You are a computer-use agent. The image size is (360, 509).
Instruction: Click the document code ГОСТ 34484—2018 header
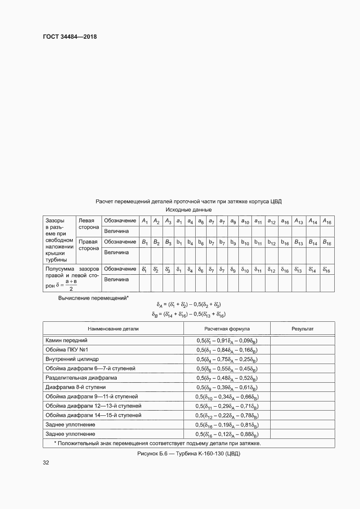(69, 37)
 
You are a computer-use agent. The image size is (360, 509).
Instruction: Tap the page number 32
(46, 462)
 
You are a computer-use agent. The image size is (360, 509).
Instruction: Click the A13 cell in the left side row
(299, 221)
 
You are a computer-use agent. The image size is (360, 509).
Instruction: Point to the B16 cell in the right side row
(327, 242)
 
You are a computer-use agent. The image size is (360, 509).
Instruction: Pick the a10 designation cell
(245, 221)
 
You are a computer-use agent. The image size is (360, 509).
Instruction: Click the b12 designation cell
(272, 242)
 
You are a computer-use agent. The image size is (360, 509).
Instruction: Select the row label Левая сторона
(88, 224)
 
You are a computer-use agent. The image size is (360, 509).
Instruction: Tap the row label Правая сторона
(88, 245)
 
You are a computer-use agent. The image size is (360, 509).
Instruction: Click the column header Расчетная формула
(227, 329)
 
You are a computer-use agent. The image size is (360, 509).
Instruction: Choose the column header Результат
(302, 329)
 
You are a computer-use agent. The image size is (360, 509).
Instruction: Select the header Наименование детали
(113, 329)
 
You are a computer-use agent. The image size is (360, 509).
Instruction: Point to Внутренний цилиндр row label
(72, 359)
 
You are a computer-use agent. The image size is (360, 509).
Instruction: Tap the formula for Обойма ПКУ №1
(227, 350)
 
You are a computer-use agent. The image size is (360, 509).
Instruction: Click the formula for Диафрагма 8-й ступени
(227, 387)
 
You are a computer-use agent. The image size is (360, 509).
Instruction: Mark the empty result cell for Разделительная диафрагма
(302, 378)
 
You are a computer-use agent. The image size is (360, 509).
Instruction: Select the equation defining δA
(185, 304)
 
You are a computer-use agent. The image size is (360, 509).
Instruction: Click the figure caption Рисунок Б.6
(189, 453)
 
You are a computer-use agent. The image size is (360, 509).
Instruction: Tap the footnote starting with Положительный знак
(157, 443)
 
